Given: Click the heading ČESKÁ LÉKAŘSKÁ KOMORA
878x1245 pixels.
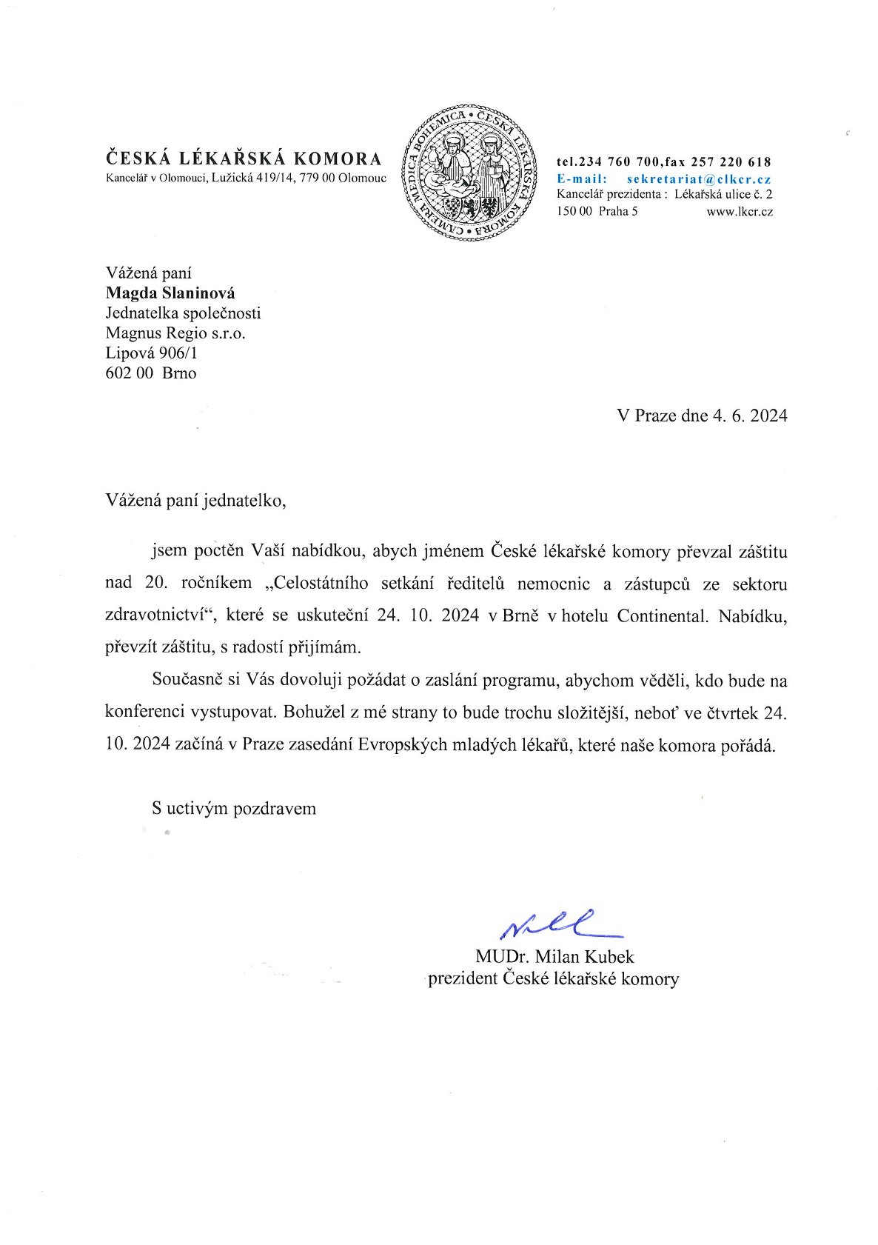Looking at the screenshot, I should coord(244,158).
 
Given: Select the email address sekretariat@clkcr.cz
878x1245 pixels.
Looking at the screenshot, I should coord(699,178).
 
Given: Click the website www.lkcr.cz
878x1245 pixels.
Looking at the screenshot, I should coord(740,211).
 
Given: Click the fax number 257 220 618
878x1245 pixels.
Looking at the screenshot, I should coord(731,161).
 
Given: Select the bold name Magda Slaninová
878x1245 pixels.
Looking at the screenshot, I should coord(170,293).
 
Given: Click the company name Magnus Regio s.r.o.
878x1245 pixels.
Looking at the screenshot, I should coord(175,333).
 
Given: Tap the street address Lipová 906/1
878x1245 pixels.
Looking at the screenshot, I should coord(152,353).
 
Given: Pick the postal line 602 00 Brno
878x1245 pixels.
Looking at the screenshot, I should coord(151,373).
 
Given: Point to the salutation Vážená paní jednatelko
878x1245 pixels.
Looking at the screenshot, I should coord(195,500).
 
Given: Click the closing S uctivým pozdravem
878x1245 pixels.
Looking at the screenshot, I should coord(234,808).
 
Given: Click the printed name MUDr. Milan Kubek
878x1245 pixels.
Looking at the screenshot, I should coord(554,956).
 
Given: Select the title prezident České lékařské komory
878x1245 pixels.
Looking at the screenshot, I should coord(553,978).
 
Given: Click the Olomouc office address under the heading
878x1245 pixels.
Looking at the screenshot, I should coord(246,178).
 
